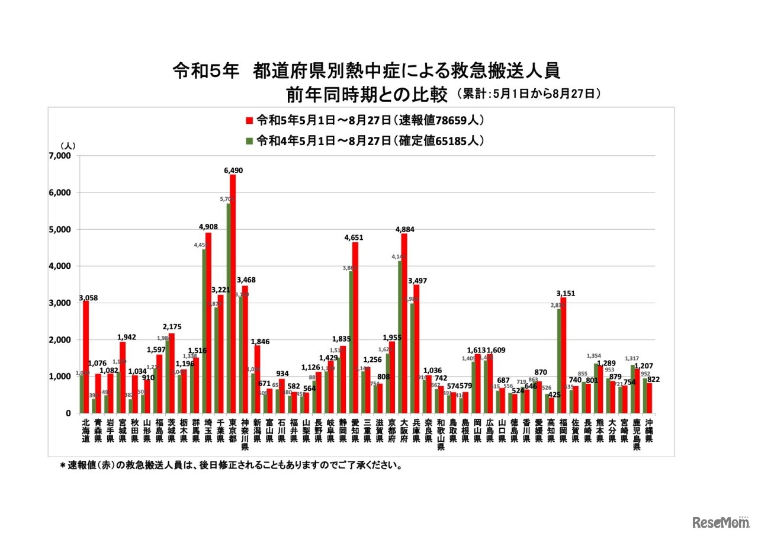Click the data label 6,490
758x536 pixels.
click(x=233, y=170)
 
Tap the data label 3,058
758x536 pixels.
click(x=88, y=296)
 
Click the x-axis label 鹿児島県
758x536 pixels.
click(x=636, y=435)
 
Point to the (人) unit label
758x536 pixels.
click(x=68, y=146)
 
